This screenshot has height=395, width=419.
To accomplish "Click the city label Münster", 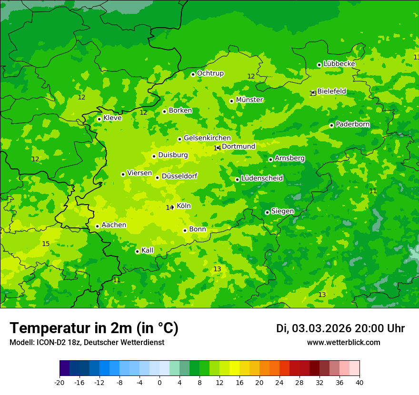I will coord(249,100).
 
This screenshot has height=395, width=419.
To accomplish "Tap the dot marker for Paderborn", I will coord(331,125).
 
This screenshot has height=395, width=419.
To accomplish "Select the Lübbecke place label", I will coord(339,64).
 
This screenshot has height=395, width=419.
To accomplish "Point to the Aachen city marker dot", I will coord(97,226).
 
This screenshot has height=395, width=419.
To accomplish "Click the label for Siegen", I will coord(282,211).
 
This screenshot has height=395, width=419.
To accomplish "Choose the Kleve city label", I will coord(112,118).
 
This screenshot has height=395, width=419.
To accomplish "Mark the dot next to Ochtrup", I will coord(193,74).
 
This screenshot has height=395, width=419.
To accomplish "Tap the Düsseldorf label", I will coord(180,176).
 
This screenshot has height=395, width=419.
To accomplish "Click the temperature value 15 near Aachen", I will coord(46,244).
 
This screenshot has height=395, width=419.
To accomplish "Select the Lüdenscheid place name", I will coord(262,178).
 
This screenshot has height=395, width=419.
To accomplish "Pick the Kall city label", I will coord(148,250).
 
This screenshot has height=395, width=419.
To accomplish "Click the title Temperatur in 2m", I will coord(94,328).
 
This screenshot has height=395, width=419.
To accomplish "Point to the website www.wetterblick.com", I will coord(343,343).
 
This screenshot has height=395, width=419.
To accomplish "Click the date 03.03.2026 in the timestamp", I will coord(321,329).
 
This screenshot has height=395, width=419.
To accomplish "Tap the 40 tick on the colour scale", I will coord(359,383).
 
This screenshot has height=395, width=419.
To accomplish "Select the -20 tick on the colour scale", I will coord(60,383).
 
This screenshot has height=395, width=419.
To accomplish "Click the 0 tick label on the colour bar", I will coord(160,383).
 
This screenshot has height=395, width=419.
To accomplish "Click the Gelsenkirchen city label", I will coord(207,138).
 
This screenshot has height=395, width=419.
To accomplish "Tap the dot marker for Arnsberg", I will coord(270,159).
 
